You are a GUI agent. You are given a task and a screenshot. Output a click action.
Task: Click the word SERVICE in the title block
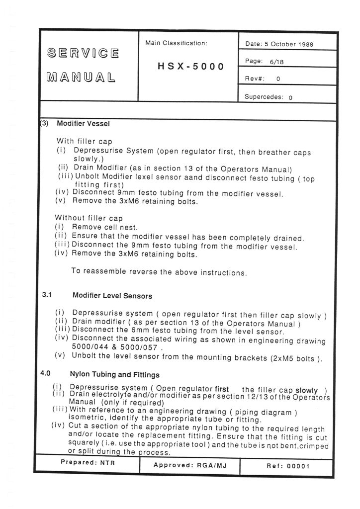point(83,53)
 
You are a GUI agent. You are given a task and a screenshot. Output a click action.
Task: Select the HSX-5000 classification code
point(191,66)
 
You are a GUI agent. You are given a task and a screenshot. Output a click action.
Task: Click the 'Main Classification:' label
point(176,43)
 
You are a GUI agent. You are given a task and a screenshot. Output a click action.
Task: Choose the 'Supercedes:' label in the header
point(263,97)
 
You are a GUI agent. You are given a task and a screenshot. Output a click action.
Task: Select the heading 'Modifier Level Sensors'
point(112,296)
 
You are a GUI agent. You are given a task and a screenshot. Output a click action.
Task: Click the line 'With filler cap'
point(85,141)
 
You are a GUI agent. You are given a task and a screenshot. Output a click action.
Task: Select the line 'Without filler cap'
point(89,217)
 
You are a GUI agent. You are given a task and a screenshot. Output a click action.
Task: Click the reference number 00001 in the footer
point(298,466)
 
